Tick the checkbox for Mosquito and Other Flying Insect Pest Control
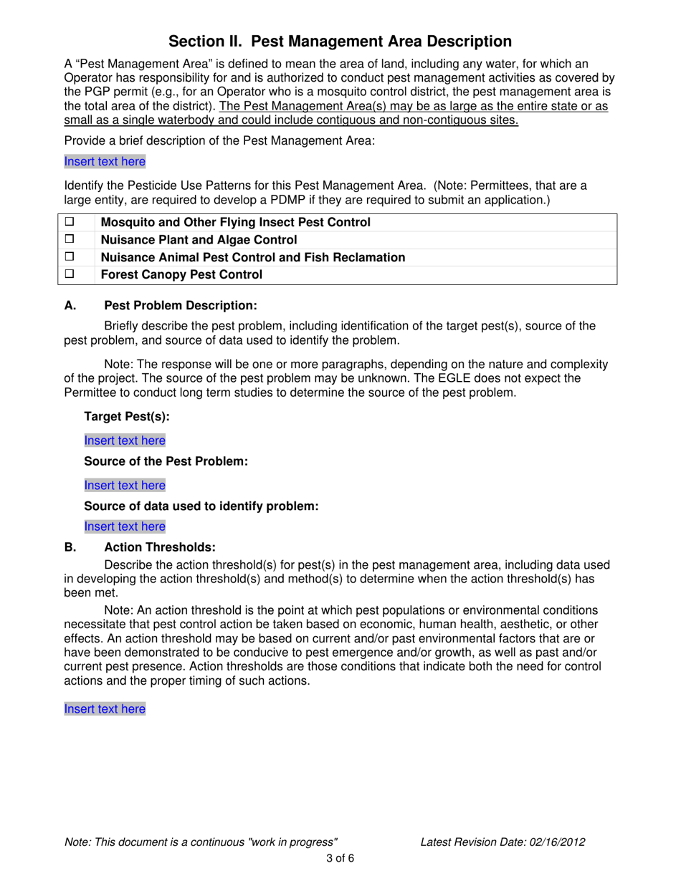click(70, 223)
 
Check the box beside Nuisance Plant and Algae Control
click(70, 240)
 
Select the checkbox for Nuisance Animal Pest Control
click(70, 256)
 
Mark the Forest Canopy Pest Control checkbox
click(70, 274)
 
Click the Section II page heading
click(340, 41)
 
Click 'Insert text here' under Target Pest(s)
click(125, 440)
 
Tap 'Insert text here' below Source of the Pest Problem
click(125, 485)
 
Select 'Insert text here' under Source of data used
click(125, 526)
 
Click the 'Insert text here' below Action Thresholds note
click(105, 708)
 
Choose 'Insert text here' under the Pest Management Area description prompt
click(105, 162)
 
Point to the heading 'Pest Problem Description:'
click(181, 306)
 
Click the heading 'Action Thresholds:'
click(160, 548)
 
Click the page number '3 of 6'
click(340, 858)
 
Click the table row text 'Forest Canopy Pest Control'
click(182, 274)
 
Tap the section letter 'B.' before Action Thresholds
click(70, 548)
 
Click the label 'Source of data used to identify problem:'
click(201, 506)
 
